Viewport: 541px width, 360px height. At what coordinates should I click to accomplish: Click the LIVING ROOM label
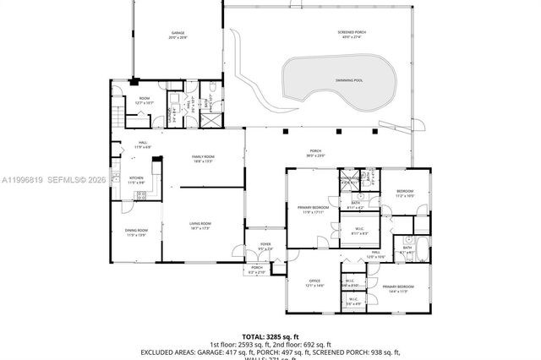click(x=199, y=225)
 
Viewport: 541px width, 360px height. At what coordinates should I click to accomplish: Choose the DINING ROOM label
click(x=137, y=232)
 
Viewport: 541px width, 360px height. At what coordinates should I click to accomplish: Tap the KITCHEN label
click(x=136, y=180)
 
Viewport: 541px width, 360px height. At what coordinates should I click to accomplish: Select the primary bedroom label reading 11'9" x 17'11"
click(x=313, y=209)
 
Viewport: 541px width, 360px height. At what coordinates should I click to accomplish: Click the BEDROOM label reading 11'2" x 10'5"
click(x=405, y=193)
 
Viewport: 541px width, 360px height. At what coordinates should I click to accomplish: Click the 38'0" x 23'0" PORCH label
click(x=315, y=155)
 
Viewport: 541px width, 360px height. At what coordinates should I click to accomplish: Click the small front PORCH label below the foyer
click(x=256, y=270)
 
